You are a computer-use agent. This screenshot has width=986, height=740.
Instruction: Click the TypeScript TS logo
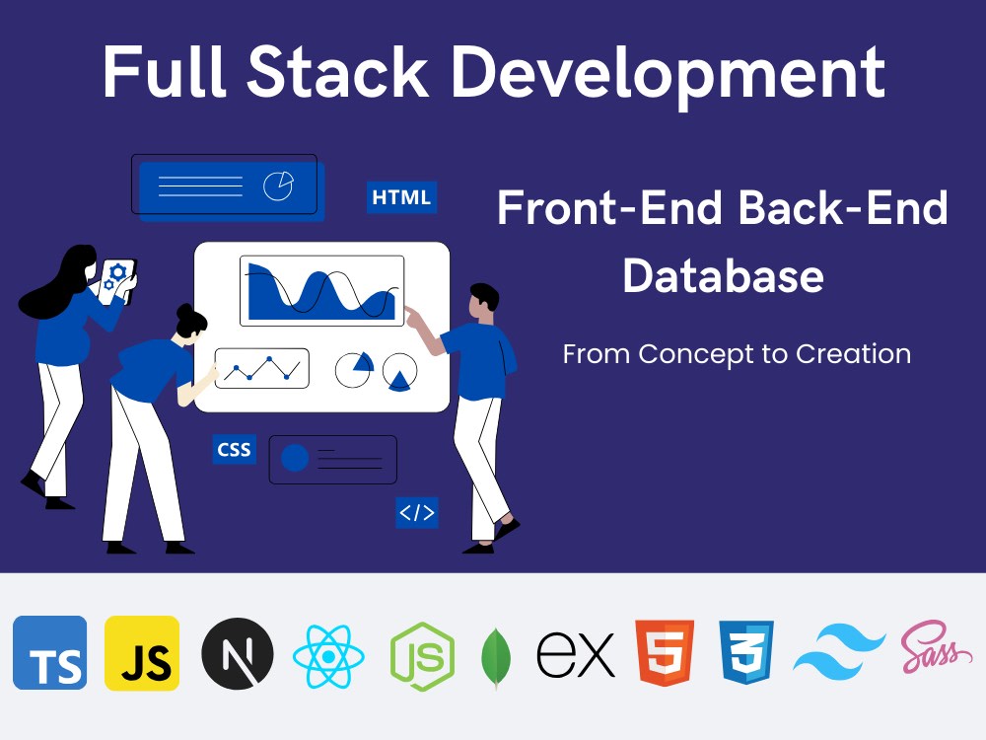click(49, 653)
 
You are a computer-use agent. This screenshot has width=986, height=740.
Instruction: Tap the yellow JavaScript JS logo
click(142, 653)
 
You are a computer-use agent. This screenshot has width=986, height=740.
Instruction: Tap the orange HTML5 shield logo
click(665, 653)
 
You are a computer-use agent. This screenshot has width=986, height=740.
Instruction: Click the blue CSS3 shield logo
click(746, 653)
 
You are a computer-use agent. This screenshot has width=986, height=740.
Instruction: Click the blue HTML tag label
click(401, 197)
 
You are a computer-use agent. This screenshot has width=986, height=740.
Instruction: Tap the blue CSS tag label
click(235, 450)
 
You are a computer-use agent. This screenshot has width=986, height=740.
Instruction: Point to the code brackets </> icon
click(416, 512)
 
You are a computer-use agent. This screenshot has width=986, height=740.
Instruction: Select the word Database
click(723, 275)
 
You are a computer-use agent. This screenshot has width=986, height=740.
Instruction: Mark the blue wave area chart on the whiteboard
click(320, 291)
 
